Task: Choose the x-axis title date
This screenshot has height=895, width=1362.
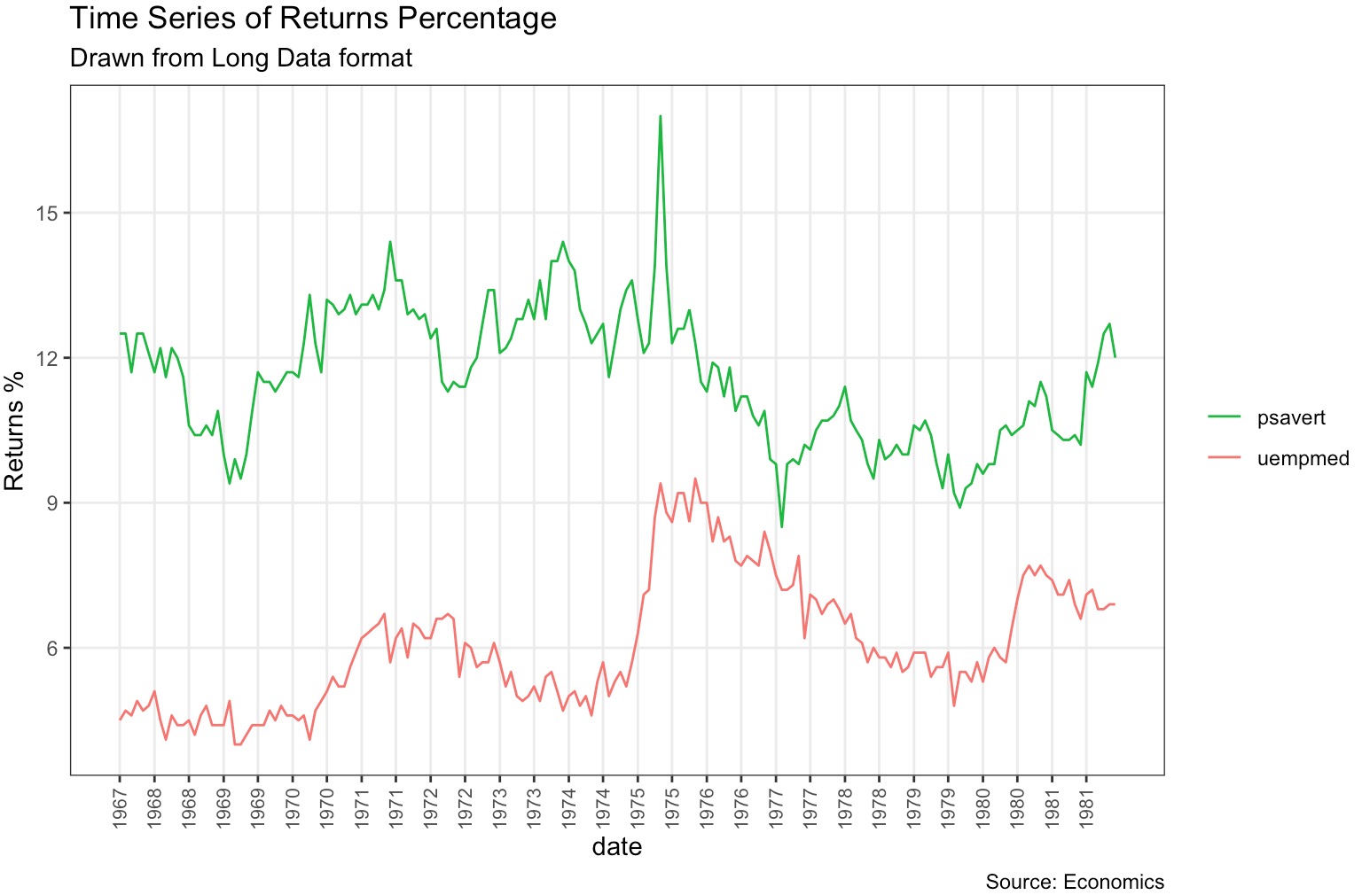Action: click(x=617, y=847)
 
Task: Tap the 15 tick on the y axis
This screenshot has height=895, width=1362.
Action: click(x=46, y=214)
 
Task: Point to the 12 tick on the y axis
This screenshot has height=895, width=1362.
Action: click(x=46, y=358)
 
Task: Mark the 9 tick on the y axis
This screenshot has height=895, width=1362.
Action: click(x=51, y=503)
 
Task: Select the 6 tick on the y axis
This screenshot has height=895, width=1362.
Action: click(x=51, y=648)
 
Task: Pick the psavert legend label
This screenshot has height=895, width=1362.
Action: click(x=1291, y=417)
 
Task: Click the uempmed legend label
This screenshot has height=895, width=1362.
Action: click(x=1303, y=458)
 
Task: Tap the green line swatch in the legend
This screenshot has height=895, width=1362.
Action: click(x=1225, y=417)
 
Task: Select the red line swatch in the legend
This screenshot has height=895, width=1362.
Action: click(x=1225, y=458)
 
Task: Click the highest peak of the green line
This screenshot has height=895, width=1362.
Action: click(x=661, y=116)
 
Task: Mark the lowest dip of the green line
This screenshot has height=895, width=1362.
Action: click(x=781, y=526)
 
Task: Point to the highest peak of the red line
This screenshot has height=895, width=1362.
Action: click(x=695, y=479)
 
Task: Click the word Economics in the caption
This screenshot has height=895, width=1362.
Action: click(x=1114, y=882)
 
